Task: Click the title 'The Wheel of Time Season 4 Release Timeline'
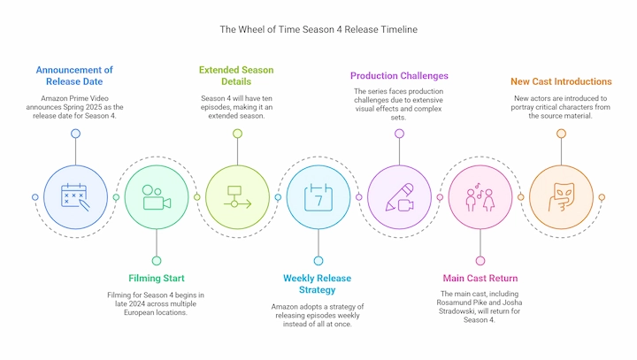[x=318, y=29]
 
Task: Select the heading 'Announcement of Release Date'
[x=74, y=75]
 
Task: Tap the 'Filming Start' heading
[x=157, y=279]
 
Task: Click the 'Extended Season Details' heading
[x=236, y=75]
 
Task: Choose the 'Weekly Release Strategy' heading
[x=318, y=284]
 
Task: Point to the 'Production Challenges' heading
[x=399, y=76]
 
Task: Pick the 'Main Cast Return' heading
[x=480, y=279]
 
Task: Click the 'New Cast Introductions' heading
[x=561, y=81]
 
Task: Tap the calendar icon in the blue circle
[x=75, y=197]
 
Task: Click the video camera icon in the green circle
[x=157, y=197]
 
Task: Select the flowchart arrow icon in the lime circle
[x=237, y=197]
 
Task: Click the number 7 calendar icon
[x=318, y=197]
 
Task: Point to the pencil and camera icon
[x=399, y=197]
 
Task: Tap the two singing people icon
[x=480, y=197]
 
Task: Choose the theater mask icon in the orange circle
[x=561, y=197]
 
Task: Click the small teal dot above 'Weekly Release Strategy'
[x=318, y=261]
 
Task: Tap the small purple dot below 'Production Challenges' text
[x=399, y=134]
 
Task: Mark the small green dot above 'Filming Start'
[x=157, y=261]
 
